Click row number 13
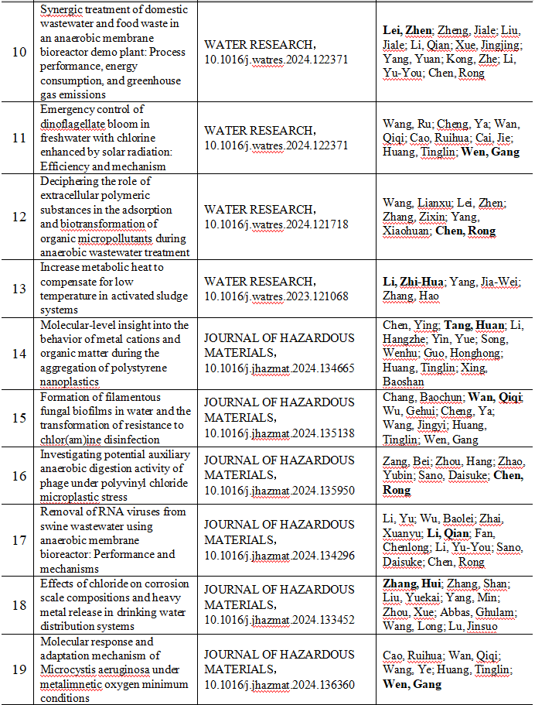19,288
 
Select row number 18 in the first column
19,604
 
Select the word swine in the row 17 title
56,525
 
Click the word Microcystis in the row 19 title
67,670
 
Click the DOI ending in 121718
277,223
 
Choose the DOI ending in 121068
277,295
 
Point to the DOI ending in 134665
280,367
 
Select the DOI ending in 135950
280,489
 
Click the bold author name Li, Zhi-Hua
414,281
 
